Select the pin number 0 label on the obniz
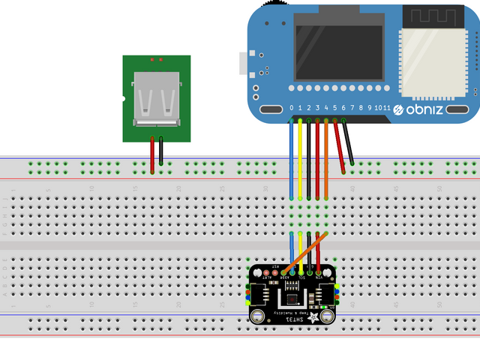pyautogui.click(x=292, y=109)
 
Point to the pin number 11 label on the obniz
pyautogui.click(x=387, y=109)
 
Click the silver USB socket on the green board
pyautogui.click(x=156, y=99)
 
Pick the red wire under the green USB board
pyautogui.click(x=152, y=155)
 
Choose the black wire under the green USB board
pyautogui.click(x=160, y=155)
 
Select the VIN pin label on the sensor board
pyautogui.click(x=319, y=277)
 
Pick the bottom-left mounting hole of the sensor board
pyautogui.click(x=257, y=316)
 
